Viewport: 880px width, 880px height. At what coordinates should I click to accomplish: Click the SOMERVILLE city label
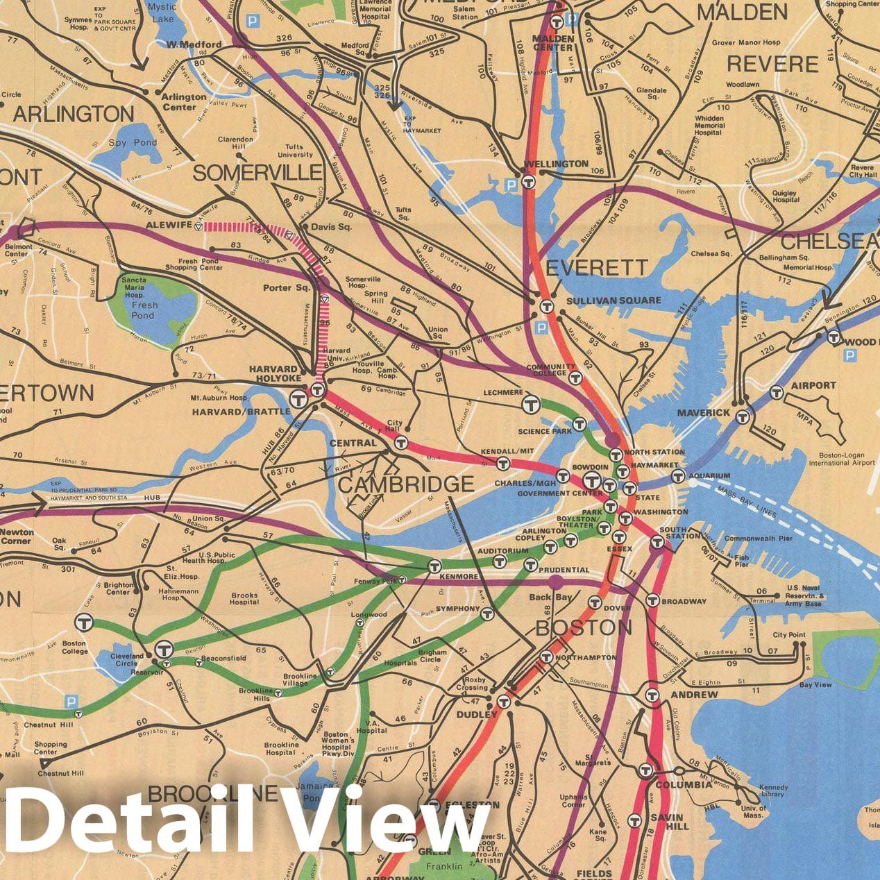pos(257,173)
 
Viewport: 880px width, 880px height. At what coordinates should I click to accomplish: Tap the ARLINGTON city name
pos(74,114)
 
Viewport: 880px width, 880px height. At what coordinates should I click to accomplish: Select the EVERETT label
pos(597,267)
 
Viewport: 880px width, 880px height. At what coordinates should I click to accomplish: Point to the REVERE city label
pos(772,65)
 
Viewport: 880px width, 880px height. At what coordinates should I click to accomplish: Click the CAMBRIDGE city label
pos(406,484)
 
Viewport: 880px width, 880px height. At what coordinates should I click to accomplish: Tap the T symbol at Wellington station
pos(530,182)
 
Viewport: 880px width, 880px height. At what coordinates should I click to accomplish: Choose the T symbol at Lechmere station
pos(532,403)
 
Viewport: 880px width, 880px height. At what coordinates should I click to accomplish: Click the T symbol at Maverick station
pos(743,417)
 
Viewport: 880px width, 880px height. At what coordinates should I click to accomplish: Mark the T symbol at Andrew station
pos(652,695)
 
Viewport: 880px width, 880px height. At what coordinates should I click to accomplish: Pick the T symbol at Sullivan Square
pos(546,306)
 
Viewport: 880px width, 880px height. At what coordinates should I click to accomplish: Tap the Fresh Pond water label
pos(144,310)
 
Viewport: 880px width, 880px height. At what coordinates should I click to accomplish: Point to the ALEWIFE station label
pos(167,226)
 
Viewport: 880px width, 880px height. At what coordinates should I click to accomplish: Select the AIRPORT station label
pos(813,385)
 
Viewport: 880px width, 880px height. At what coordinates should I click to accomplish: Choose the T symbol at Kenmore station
pos(434,566)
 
